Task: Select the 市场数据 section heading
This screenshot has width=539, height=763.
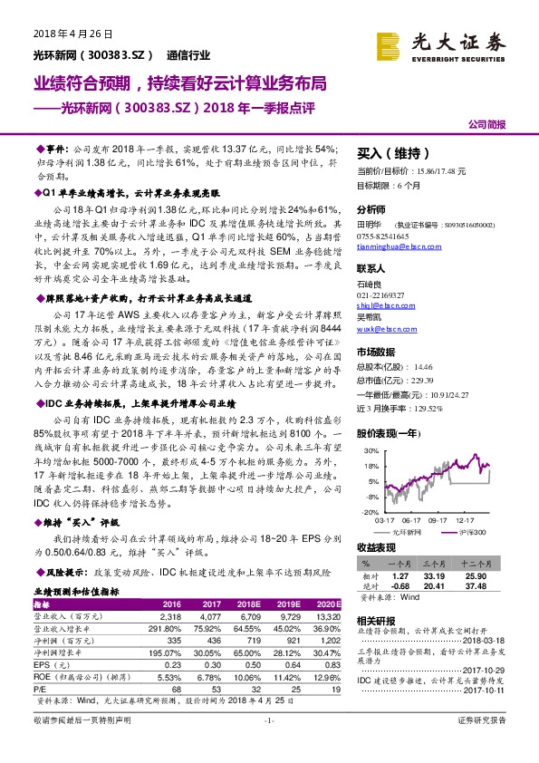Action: tap(376, 353)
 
